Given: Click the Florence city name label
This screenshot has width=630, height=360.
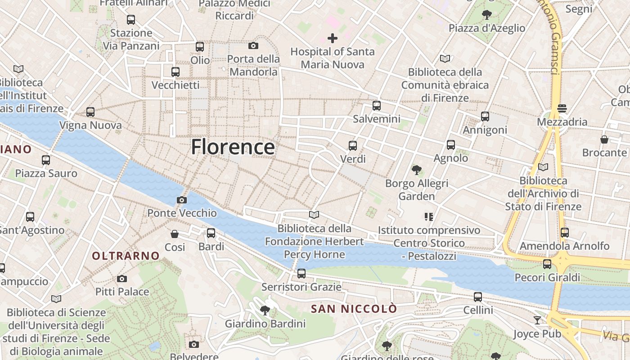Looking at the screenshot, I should pos(233,147).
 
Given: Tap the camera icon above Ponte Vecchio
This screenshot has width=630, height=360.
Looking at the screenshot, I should pos(182,200).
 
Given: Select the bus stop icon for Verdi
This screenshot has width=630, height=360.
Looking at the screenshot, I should pos(353,146).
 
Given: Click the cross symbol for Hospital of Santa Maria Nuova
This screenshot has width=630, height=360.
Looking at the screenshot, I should pos(333,38).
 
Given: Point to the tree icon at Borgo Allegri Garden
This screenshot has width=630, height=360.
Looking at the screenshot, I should pos(417,170).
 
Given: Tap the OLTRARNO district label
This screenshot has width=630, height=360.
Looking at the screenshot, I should pos(126,256).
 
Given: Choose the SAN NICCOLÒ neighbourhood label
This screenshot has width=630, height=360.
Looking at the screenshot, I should pos(354,309).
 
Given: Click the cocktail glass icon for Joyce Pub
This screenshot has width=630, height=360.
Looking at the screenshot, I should pos(537,320).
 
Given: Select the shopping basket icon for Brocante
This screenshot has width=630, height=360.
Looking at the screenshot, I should pos(604,139).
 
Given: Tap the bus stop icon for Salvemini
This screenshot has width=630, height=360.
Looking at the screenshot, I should pos(377,106).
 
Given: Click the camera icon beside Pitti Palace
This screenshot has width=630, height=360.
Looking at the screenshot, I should pos(122,279).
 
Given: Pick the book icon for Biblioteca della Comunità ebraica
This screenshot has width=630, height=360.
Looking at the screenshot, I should pos(445,58).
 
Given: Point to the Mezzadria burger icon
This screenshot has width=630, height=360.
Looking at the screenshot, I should pos(562,108).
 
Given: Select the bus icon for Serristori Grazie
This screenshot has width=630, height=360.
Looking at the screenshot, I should pos(301,273).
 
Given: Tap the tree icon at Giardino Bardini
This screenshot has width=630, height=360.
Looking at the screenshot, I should pos(265,310).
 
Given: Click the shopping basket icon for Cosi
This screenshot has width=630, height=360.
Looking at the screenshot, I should pos(175,234).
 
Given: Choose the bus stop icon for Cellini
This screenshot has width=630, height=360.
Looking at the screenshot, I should pos(478,297).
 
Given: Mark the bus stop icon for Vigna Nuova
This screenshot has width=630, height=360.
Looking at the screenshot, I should pos(90,112).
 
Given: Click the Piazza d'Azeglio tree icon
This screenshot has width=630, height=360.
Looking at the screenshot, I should pos(486,15).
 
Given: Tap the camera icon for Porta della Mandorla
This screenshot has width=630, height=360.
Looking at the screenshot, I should pos(253,45).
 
